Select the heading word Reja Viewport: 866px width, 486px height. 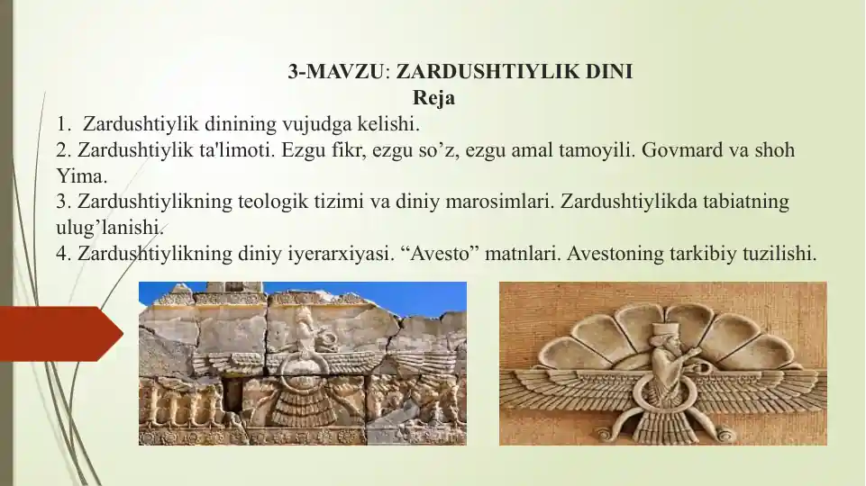click(433, 98)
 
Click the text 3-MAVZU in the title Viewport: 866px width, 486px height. click(335, 72)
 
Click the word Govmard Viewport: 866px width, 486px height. click(683, 150)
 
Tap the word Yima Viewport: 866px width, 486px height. click(82, 176)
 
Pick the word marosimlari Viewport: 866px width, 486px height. click(499, 202)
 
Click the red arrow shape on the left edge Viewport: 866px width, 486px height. click(60, 334)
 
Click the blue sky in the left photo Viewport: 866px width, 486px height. click(420, 297)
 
